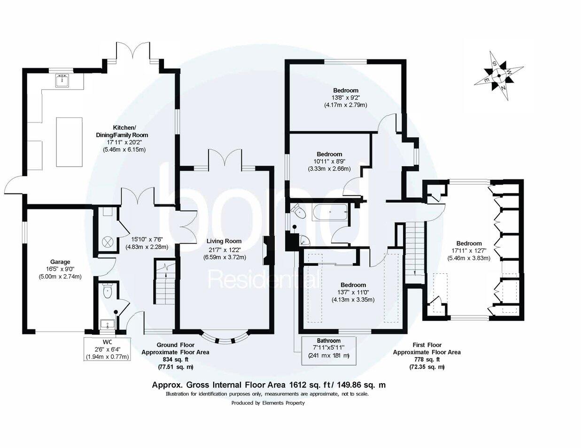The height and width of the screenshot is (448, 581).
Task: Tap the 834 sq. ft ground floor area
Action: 175,359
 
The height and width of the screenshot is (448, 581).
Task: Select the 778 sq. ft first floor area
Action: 426,359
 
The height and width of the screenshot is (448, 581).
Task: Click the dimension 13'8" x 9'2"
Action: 345,98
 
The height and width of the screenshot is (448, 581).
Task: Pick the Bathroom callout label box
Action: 328,350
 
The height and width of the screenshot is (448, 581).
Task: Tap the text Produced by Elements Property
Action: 268,403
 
